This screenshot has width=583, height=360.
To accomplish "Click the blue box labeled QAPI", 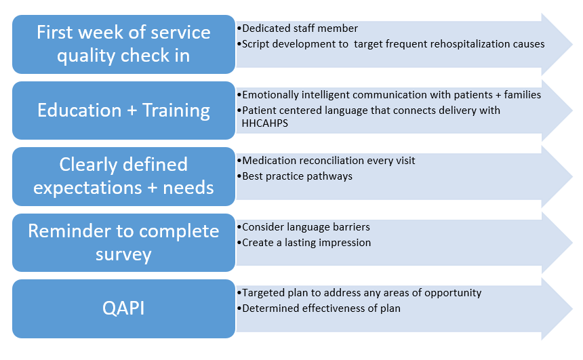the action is (x=123, y=308).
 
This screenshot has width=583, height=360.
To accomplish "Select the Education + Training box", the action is (x=123, y=111).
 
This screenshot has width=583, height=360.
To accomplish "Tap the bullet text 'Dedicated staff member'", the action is (x=300, y=28).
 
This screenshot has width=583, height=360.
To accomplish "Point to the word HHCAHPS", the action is (x=265, y=123).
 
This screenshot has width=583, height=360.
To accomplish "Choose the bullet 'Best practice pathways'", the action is (x=297, y=176).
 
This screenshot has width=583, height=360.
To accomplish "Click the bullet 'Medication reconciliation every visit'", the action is (x=329, y=161).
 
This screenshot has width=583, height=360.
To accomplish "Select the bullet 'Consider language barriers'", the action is (x=306, y=227).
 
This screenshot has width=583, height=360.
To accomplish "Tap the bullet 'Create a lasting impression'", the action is (x=306, y=243).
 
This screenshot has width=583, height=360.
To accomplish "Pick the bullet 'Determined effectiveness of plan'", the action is (x=321, y=308).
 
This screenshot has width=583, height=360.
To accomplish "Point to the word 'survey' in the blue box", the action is (x=123, y=255).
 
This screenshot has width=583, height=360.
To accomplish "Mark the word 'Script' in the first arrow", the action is (x=256, y=44).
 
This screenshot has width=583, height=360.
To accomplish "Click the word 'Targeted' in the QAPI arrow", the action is (x=263, y=293).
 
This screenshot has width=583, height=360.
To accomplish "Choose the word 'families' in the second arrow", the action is (x=523, y=95).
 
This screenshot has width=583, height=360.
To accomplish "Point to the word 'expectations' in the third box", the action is (x=87, y=188).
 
